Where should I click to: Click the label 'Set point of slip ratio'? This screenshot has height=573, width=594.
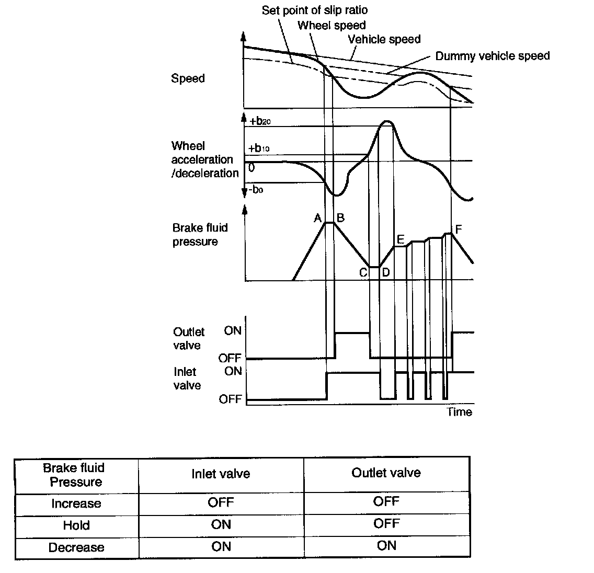tap(315, 10)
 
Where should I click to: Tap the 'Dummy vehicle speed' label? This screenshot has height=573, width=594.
tap(493, 56)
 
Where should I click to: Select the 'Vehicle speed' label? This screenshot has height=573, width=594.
tap(384, 39)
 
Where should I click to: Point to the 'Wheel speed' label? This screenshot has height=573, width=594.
tap(332, 25)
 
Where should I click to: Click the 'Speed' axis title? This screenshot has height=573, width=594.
tap(188, 79)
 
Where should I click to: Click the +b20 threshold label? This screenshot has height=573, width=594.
tap(260, 121)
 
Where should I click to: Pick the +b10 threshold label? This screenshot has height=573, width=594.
tap(259, 148)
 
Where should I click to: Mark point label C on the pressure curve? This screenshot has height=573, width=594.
tap(363, 272)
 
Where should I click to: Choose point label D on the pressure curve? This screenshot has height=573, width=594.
tap(385, 272)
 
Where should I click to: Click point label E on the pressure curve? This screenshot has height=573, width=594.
tap(401, 239)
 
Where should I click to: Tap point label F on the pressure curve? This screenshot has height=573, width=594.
tap(459, 229)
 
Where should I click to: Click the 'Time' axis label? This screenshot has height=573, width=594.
tap(459, 412)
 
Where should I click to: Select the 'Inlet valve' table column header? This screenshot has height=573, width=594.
tap(221, 474)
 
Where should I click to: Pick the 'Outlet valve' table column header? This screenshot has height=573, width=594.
tap(386, 473)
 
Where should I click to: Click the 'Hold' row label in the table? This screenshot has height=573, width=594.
tap(76, 525)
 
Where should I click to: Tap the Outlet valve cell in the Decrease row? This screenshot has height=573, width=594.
tap(386, 546)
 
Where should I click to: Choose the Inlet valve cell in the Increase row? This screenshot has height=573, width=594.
tap(221, 503)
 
